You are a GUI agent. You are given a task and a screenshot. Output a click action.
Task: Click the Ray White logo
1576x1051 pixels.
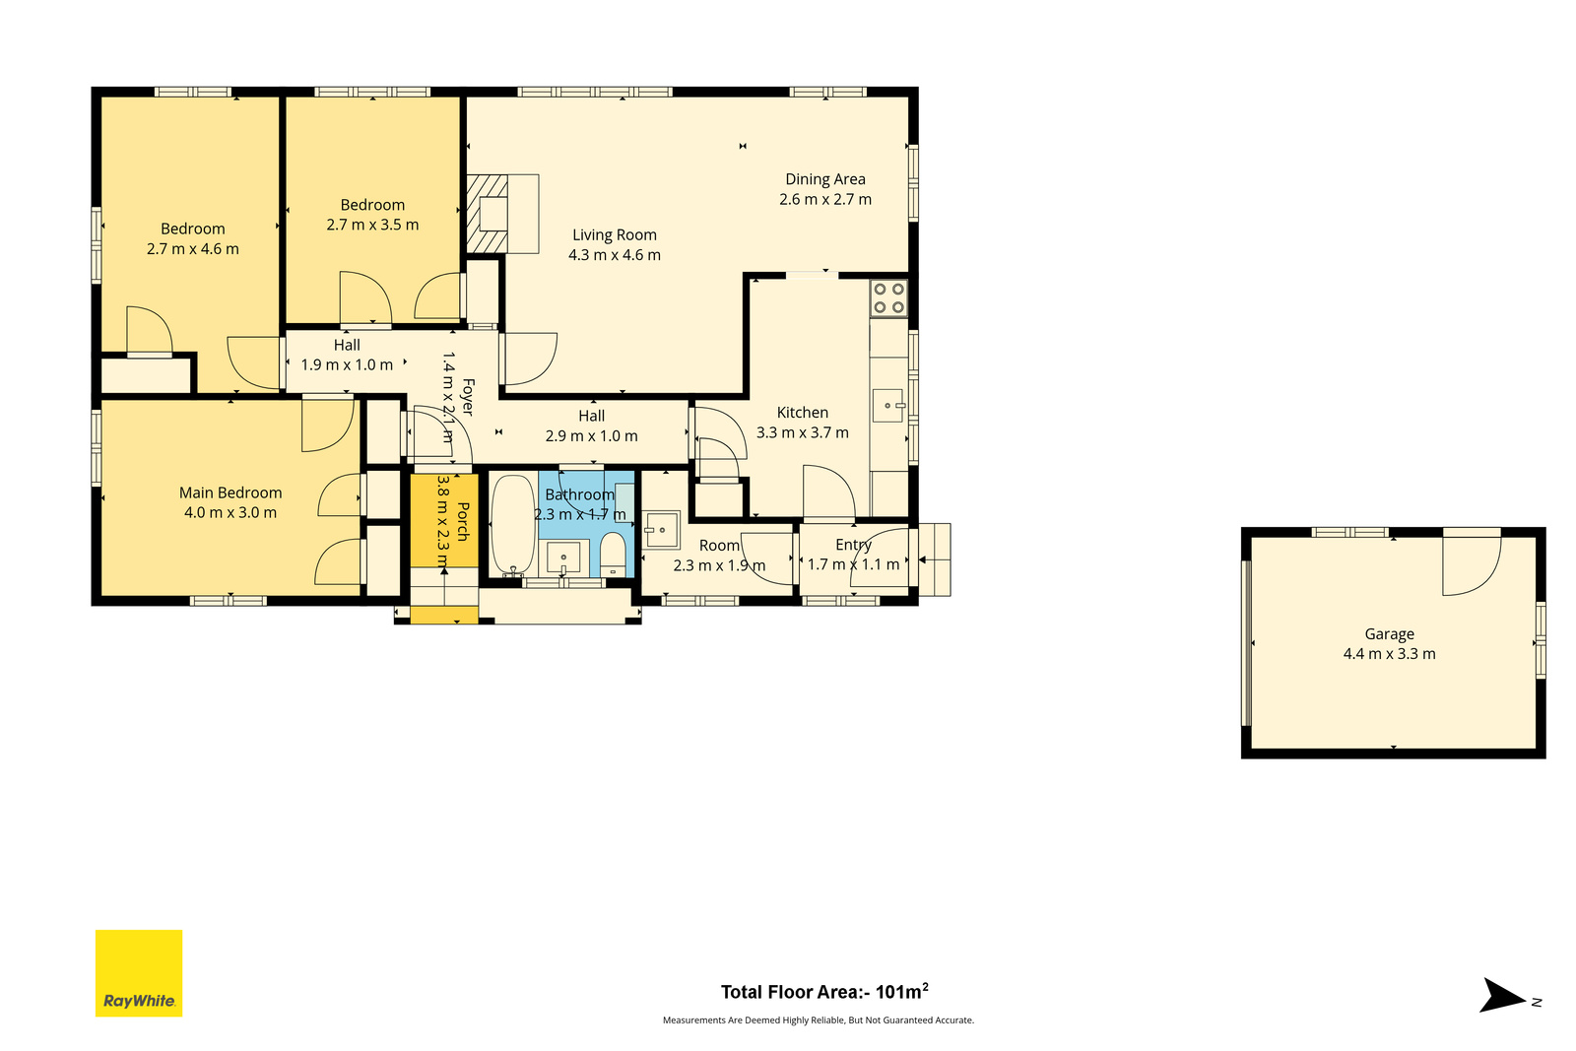click(139, 973)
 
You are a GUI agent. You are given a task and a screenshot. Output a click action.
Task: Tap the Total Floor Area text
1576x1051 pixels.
click(824, 992)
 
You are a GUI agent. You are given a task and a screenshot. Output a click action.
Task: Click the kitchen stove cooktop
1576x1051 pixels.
click(888, 298)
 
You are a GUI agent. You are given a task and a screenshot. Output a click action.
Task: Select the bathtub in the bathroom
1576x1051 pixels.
click(513, 525)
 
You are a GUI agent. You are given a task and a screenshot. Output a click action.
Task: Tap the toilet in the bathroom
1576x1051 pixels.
click(613, 554)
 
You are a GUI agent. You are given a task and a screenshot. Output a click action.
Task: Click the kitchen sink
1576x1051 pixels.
click(887, 406)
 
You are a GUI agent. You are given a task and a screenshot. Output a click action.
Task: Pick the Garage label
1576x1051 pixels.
click(1389, 633)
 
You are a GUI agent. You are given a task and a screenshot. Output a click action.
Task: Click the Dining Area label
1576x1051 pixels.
click(825, 179)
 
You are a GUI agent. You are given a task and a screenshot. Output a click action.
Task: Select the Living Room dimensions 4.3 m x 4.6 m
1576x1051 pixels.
click(615, 255)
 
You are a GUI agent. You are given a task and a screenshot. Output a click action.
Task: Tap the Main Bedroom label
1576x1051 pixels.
click(230, 493)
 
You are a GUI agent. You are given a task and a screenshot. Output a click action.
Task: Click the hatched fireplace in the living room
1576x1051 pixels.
click(488, 214)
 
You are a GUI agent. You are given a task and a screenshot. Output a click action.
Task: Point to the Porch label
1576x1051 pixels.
click(463, 521)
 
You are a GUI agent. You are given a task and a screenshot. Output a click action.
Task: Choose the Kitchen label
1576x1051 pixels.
click(802, 413)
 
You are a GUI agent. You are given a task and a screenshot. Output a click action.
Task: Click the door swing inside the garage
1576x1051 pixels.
click(1472, 566)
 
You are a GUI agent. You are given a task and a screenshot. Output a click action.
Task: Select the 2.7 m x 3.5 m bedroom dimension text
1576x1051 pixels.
click(372, 225)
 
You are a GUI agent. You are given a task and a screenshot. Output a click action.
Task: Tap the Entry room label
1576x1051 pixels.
click(853, 545)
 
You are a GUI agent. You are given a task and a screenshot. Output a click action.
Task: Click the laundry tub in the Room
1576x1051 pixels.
click(661, 529)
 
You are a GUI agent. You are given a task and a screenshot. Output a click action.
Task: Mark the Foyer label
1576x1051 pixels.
click(468, 398)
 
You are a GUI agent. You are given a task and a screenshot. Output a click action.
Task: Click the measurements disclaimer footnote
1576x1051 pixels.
click(819, 1020)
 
